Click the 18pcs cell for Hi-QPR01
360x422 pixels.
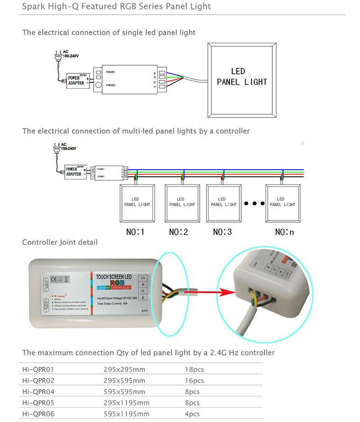(x=194, y=369)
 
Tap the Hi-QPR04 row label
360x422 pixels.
(x=38, y=391)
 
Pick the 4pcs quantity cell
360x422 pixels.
(x=192, y=414)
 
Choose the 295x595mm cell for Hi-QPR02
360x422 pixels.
(x=122, y=381)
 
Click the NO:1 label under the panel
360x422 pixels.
(x=136, y=232)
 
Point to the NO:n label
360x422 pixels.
(x=284, y=232)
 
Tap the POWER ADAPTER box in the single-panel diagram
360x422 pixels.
(x=76, y=80)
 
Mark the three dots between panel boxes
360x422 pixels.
(x=254, y=203)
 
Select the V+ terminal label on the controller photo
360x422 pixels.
(x=143, y=278)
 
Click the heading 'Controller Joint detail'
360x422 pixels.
(x=59, y=242)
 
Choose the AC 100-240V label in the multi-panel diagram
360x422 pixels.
(x=69, y=147)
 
